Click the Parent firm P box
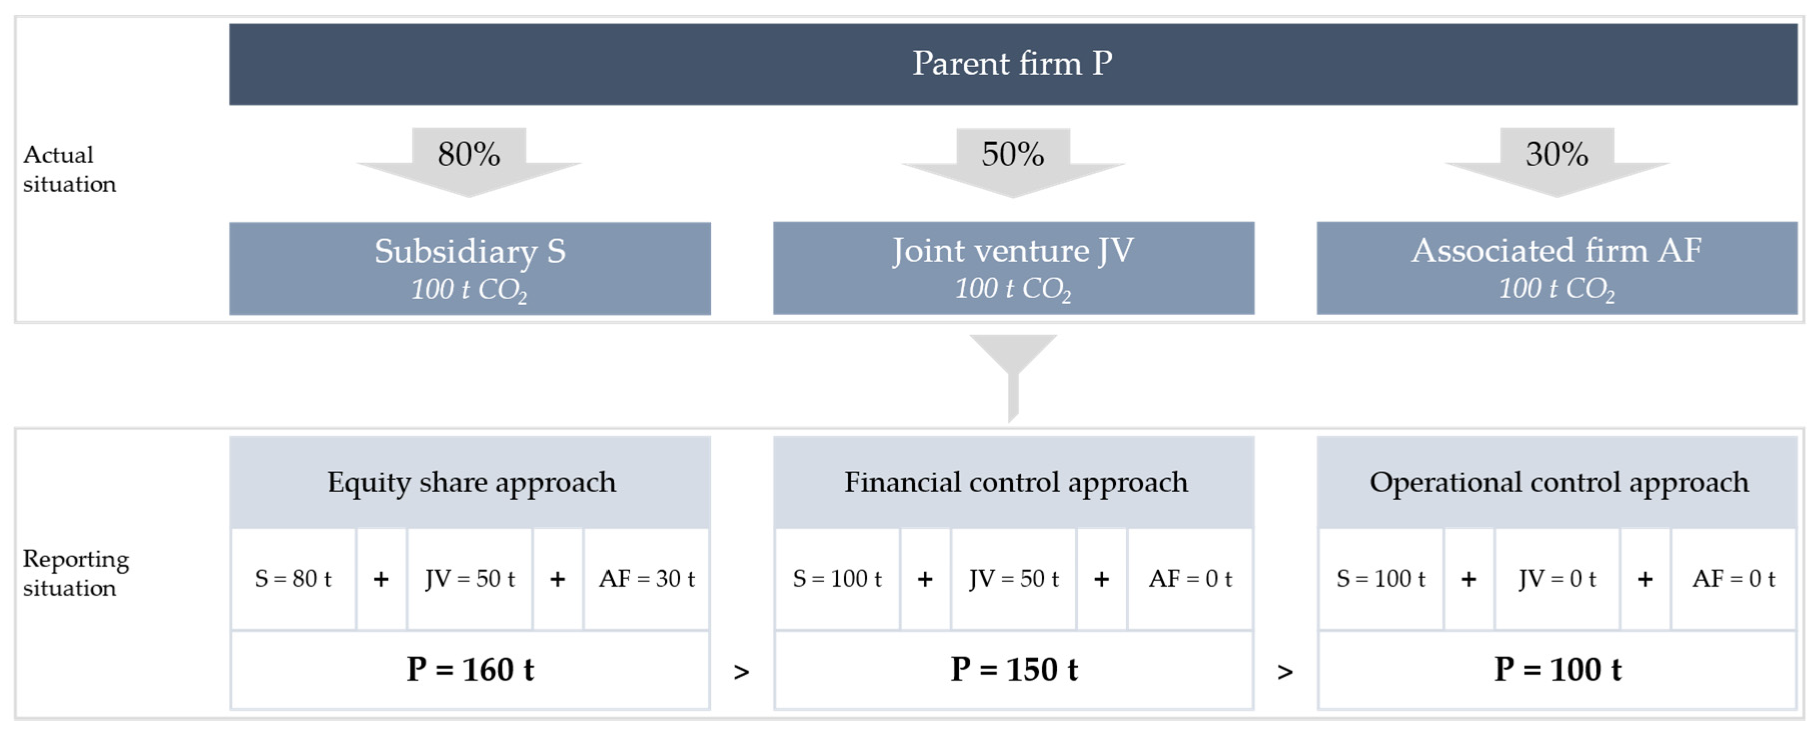tap(1012, 64)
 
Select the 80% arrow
tap(469, 159)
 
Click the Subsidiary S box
tap(470, 268)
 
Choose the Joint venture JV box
tap(1013, 268)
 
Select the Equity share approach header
tap(470, 483)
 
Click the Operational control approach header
tap(1558, 483)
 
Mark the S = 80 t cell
tap(293, 579)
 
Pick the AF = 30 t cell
tap(647, 579)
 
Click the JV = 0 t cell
tap(1557, 579)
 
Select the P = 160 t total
tap(470, 670)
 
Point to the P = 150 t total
tap(1014, 670)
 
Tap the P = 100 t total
tap(1557, 670)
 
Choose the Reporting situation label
tap(75, 573)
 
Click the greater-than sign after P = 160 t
tap(741, 672)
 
